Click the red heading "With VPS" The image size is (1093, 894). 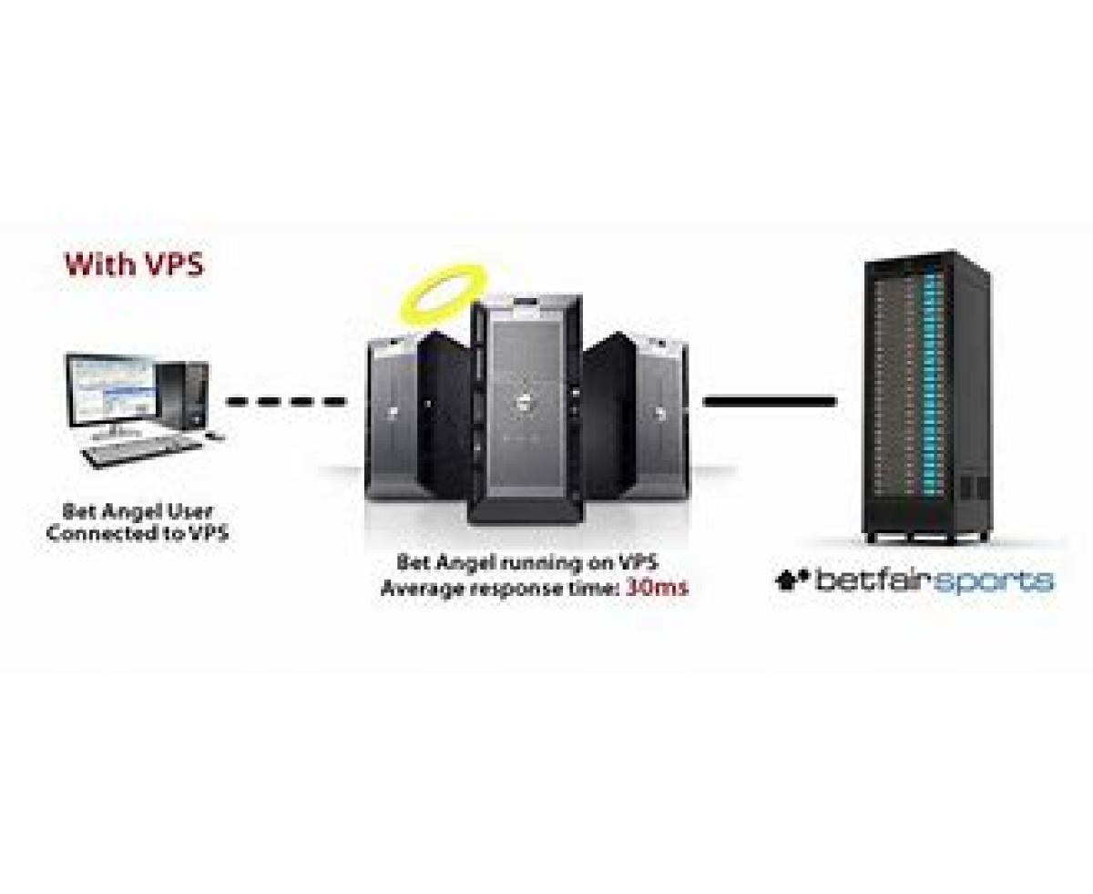coord(134,265)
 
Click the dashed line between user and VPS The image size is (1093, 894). coord(285,400)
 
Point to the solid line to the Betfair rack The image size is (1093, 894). coord(770,400)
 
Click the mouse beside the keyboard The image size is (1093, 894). coord(216,437)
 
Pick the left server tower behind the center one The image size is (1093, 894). coord(401,415)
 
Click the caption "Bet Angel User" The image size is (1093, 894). coord(138,511)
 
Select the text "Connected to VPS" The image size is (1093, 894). coord(137,534)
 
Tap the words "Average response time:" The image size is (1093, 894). coord(499,588)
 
